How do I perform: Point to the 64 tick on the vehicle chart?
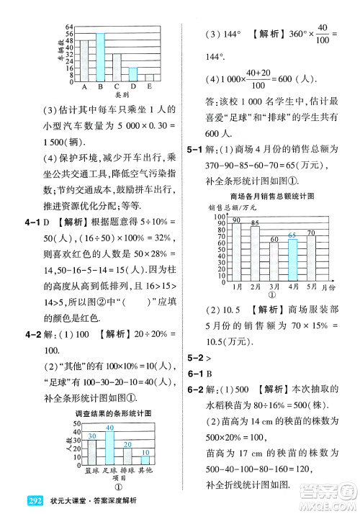point(69,26)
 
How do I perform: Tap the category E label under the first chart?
point(149,86)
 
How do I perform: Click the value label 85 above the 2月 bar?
point(255,222)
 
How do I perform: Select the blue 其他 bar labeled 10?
point(145,459)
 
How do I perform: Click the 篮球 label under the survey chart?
point(91,471)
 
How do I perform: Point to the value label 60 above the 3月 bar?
point(274,239)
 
